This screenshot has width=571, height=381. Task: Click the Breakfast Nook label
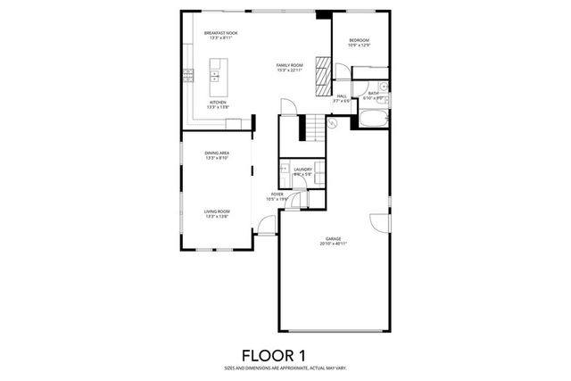220,33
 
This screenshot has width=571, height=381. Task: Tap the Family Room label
289,65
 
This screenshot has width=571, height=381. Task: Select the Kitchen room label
218,103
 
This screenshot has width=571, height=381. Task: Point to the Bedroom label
359,40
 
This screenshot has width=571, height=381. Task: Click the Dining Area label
218,153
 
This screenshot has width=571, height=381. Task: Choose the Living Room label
218,211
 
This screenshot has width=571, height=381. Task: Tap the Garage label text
334,237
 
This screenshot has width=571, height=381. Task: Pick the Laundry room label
302,169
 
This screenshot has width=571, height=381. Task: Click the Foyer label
277,194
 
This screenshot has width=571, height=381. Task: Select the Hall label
342,96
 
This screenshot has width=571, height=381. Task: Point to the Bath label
373,92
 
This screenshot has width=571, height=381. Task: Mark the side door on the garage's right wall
388,223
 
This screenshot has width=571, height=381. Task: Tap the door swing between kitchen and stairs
288,107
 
